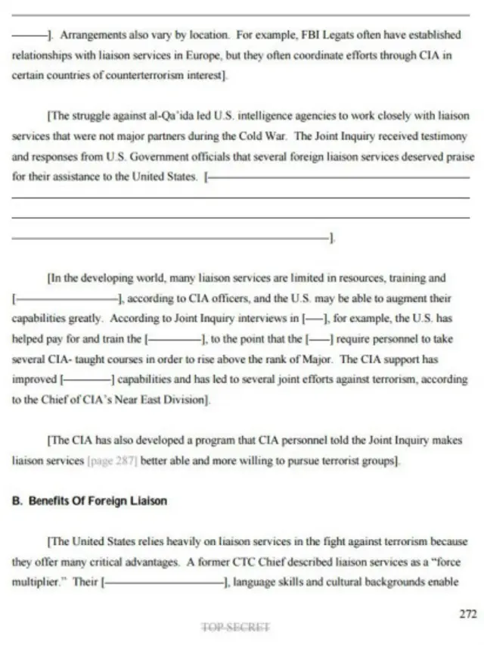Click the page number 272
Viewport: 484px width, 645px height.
coord(468,615)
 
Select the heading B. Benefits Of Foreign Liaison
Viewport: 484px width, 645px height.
coord(89,501)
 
